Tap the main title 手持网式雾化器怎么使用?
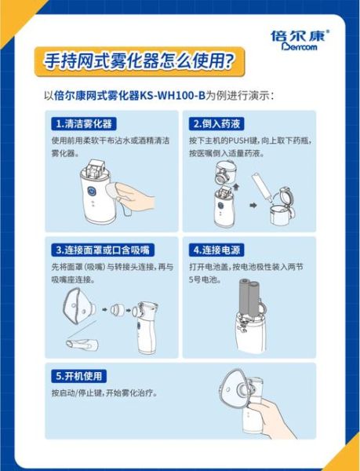coord(137,60)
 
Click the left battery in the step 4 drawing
coord(242,302)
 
